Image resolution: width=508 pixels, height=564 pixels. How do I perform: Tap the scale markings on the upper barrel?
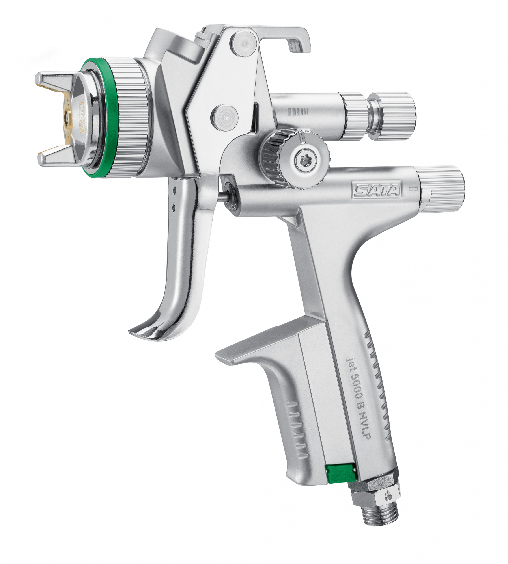pos(298,112)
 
